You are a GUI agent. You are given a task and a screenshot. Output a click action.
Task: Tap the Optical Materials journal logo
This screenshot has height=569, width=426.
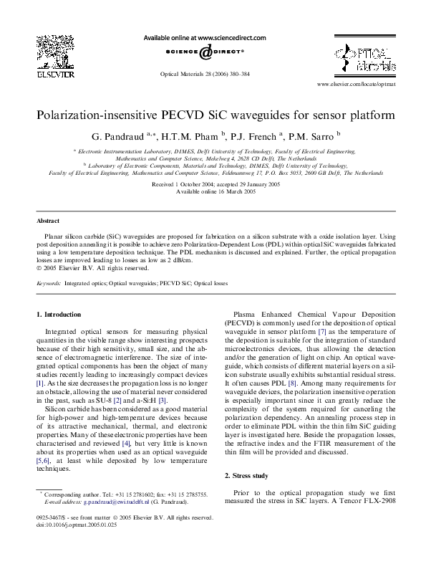click(365, 55)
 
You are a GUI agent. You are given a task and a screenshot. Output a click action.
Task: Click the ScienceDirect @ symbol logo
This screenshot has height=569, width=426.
click(205, 52)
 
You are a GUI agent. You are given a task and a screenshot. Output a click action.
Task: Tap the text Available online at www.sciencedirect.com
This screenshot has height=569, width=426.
click(205, 38)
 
